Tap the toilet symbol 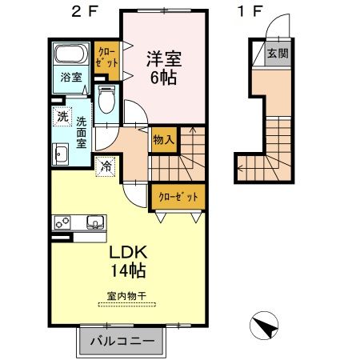click(x=106, y=101)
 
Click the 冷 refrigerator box click(x=106, y=167)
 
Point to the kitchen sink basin click(x=94, y=222)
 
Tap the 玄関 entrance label click(x=278, y=54)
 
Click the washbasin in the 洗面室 click(x=61, y=152)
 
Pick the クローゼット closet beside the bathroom click(x=106, y=60)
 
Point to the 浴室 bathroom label click(x=70, y=78)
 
